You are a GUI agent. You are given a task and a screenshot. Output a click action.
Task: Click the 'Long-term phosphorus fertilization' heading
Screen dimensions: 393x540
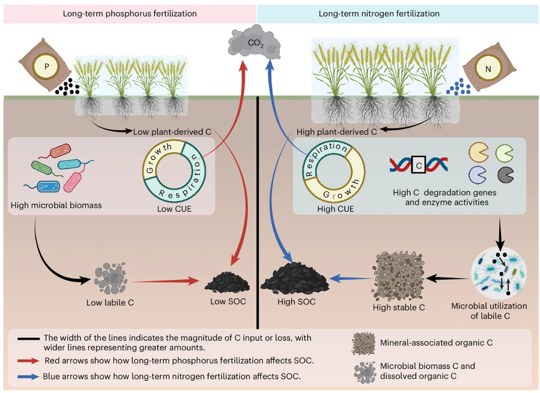[130, 13]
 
